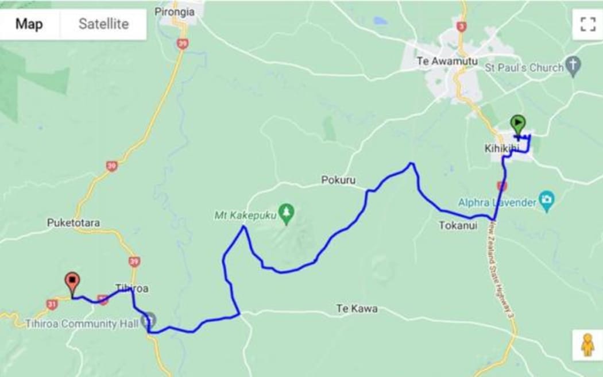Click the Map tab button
point(29,24)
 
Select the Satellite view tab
point(103,24)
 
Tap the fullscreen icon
point(587,24)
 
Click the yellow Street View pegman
point(587,345)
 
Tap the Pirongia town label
point(175,11)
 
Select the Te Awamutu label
point(440,61)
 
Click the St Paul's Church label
point(525,68)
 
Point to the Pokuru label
point(338,180)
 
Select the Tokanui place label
point(458,225)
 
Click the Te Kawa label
point(357,309)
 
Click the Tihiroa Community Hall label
point(82,324)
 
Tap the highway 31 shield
point(52,303)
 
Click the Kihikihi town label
point(501,149)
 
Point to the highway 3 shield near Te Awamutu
point(462,26)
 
